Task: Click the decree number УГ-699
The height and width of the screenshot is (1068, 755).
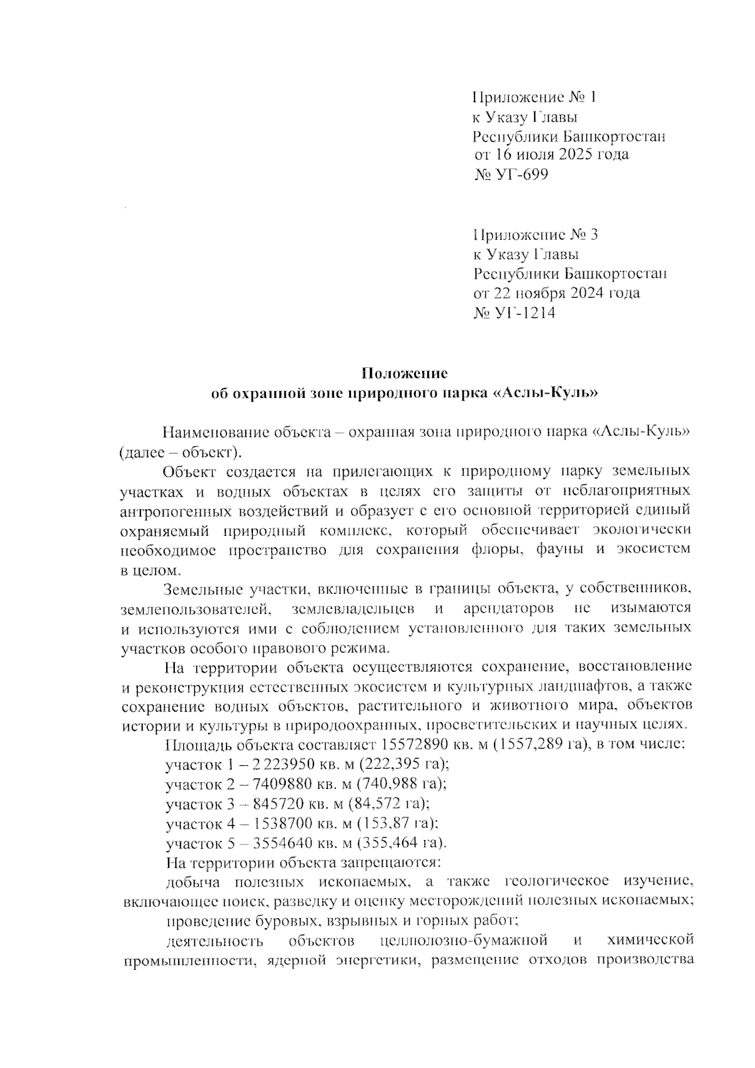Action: (x=512, y=174)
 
